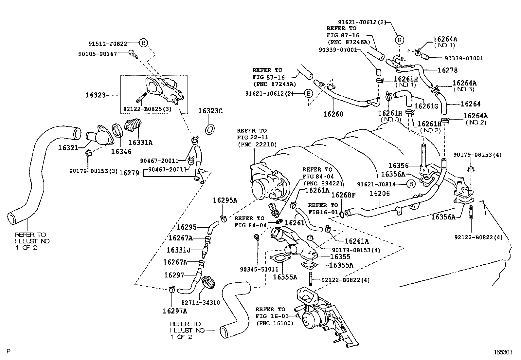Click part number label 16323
point(96,95)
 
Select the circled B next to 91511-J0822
point(143,43)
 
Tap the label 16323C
point(210,111)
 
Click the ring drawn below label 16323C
point(210,129)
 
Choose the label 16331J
point(178,250)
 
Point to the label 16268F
point(343,195)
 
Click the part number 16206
point(380,194)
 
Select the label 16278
point(447,70)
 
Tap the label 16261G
point(426,106)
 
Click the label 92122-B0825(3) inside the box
point(147,108)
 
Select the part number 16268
point(333,114)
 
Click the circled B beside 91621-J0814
point(411,184)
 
